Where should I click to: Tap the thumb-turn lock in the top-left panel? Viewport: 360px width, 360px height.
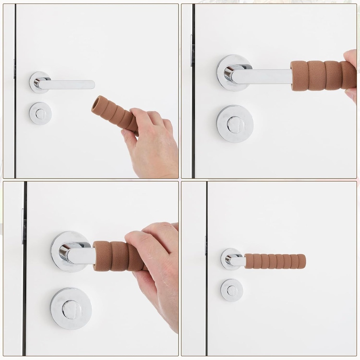click(40, 113)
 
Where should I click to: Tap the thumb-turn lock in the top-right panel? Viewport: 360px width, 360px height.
click(234, 124)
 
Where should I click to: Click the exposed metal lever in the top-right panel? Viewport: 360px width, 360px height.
click(264, 76)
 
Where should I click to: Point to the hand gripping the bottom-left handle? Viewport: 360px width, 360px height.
click(158, 267)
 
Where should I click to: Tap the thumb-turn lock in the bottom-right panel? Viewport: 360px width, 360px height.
click(232, 290)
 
